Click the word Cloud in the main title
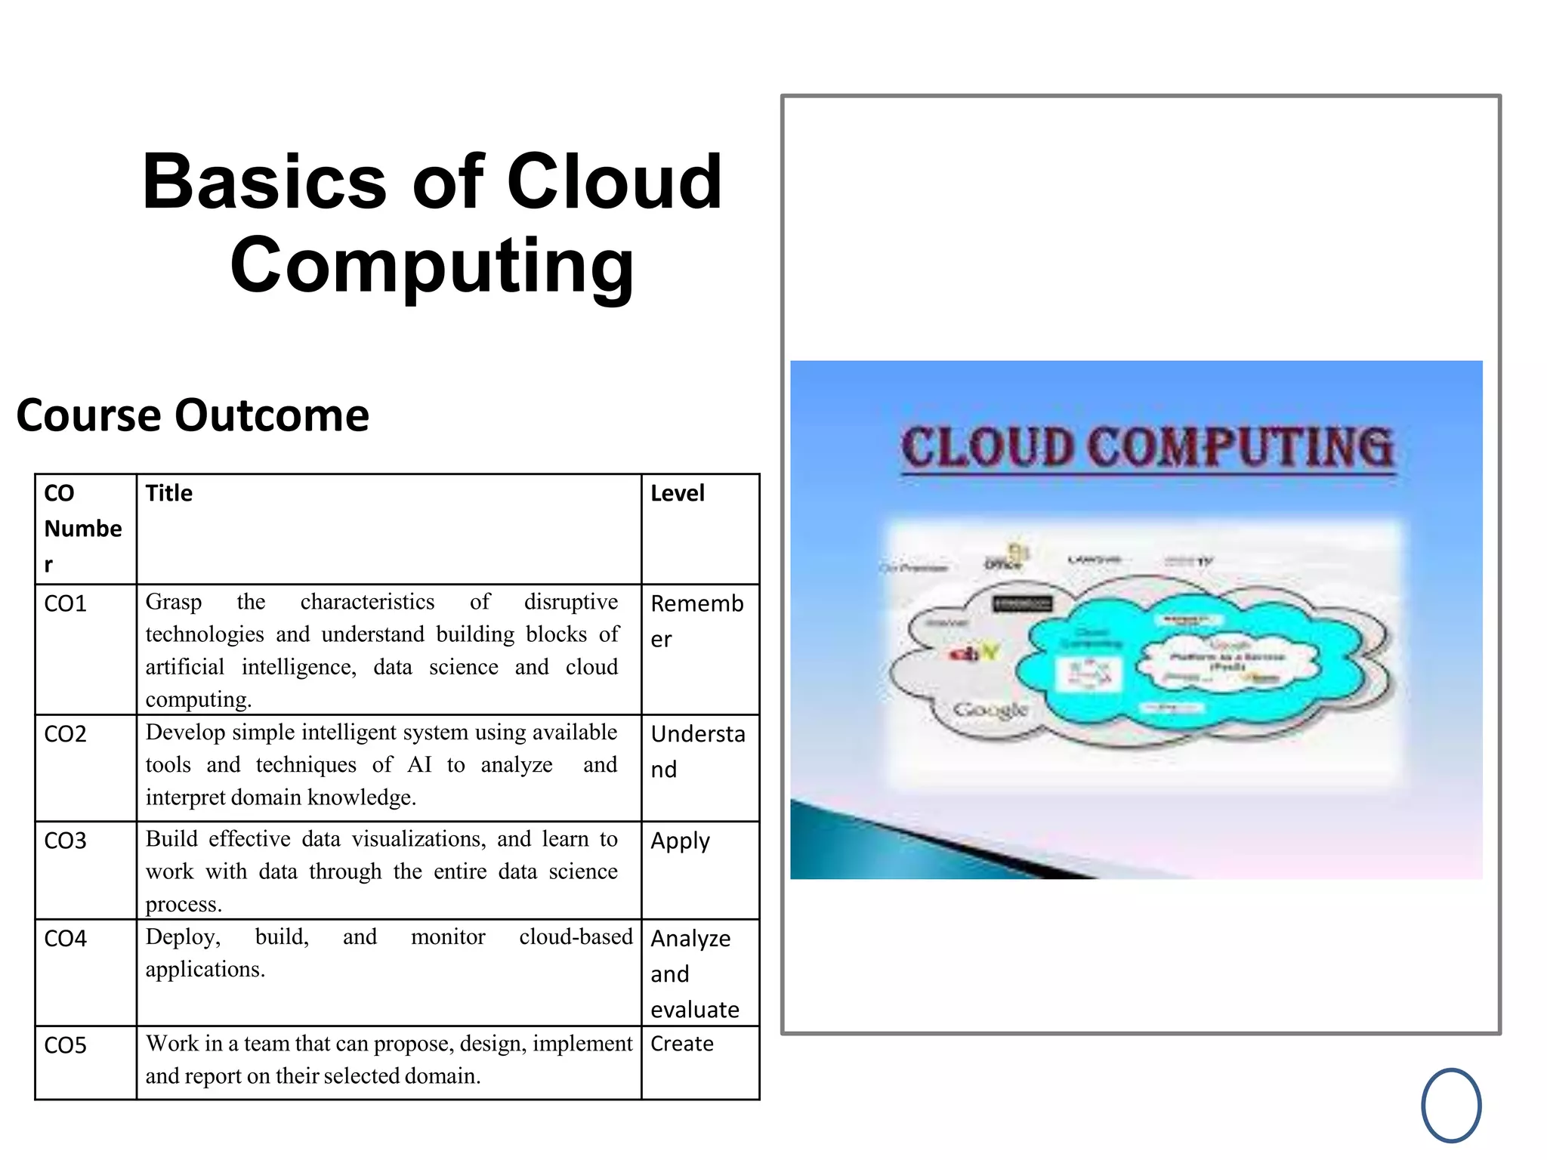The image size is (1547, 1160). click(614, 182)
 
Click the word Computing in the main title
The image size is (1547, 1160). click(432, 266)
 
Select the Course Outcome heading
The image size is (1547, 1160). click(193, 415)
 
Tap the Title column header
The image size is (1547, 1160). click(169, 493)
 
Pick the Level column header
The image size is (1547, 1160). click(677, 493)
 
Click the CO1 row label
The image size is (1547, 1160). click(66, 604)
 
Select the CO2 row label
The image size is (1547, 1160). click(66, 734)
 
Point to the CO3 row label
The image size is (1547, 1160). click(66, 841)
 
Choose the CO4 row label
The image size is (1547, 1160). click(66, 939)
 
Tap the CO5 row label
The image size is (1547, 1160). click(66, 1045)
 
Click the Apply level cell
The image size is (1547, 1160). click(680, 841)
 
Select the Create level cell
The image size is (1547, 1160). click(681, 1044)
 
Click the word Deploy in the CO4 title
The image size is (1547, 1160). click(183, 937)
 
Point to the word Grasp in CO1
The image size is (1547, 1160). click(173, 602)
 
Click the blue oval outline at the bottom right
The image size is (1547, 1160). click(1451, 1106)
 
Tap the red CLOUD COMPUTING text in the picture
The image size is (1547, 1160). click(1147, 447)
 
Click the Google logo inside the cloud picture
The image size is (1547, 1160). click(990, 710)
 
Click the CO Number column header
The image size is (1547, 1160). click(82, 528)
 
